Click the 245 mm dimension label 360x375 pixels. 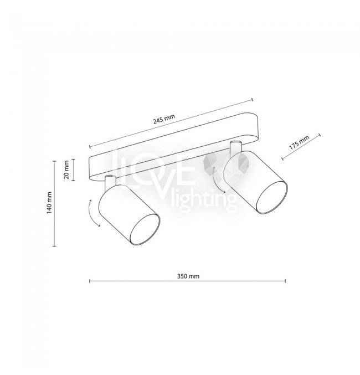[164, 119]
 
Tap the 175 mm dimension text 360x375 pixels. [299, 142]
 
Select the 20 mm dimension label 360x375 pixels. [66, 169]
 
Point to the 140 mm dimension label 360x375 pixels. [49, 203]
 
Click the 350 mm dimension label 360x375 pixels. [188, 276]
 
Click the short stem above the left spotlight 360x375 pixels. [111, 183]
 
